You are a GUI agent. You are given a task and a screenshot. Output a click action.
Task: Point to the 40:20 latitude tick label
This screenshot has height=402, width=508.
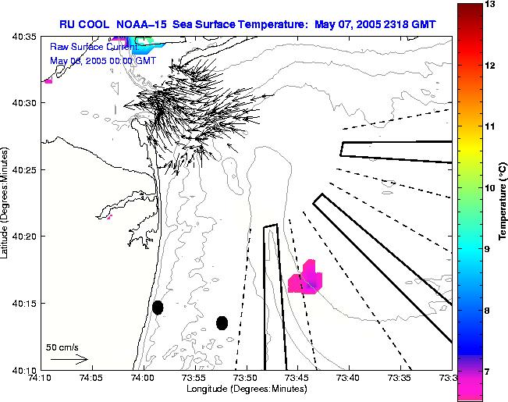tap(25, 236)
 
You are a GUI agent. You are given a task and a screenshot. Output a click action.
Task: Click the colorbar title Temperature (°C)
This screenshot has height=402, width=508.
tap(503, 202)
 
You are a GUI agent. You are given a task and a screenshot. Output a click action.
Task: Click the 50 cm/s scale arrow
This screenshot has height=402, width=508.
tap(69, 360)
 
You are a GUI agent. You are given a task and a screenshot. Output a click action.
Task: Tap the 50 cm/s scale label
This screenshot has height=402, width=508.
tap(62, 347)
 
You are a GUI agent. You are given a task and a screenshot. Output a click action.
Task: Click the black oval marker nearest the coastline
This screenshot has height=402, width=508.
tap(158, 308)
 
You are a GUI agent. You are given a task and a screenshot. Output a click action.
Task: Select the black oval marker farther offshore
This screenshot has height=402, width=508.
tap(222, 322)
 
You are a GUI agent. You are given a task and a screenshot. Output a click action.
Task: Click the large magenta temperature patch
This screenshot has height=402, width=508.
tap(305, 279)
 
